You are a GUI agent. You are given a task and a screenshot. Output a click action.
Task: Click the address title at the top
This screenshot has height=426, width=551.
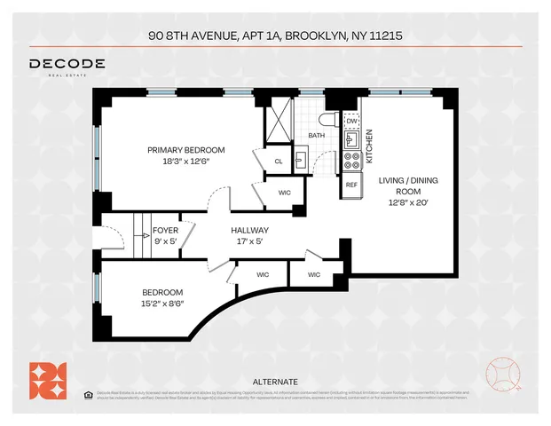click(275, 36)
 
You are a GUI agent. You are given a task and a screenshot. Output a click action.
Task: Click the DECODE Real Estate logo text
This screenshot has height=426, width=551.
click(67, 65)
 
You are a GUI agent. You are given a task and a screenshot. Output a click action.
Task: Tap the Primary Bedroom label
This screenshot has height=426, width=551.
click(185, 150)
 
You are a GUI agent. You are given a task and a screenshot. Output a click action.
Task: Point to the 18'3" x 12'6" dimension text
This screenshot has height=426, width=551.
click(185, 161)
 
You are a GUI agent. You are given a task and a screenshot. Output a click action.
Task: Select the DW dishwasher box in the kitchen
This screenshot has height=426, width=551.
click(350, 121)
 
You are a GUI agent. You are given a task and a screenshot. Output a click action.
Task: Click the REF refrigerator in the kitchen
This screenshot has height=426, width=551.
click(350, 185)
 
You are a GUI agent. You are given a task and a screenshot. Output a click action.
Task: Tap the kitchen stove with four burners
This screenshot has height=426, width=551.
click(350, 162)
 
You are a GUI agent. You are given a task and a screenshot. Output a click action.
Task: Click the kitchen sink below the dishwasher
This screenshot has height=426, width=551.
click(351, 139)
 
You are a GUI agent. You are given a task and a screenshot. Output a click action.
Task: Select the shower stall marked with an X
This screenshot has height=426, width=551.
click(279, 117)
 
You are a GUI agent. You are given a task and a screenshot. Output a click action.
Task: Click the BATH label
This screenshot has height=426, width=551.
click(317, 136)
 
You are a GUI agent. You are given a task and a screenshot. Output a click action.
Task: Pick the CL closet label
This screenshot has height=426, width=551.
click(278, 162)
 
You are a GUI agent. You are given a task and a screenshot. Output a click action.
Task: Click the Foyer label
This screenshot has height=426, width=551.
click(166, 231)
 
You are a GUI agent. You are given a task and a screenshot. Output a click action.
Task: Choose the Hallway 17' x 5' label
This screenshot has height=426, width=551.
click(249, 235)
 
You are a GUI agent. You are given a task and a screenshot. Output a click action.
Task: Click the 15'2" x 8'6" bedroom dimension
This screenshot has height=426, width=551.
click(162, 304)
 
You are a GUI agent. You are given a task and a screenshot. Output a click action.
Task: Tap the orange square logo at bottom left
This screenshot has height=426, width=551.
click(46, 379)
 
